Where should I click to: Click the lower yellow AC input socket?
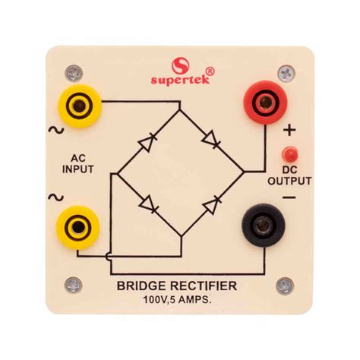[77, 226]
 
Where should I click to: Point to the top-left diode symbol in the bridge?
[148, 141]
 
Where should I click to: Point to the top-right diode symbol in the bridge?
[212, 141]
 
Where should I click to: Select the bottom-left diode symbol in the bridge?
[149, 204]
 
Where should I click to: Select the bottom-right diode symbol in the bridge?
[212, 204]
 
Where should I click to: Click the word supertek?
[179, 78]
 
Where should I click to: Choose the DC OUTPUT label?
[289, 175]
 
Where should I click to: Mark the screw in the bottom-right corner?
[286, 286]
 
